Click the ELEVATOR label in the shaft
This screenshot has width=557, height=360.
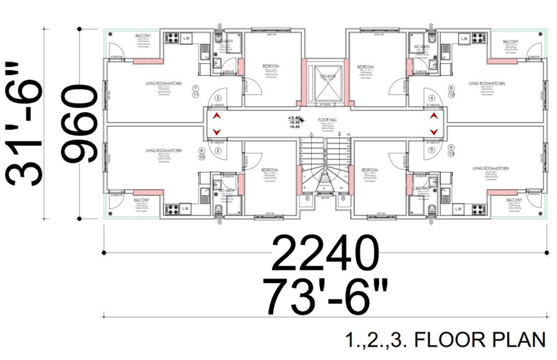[x=328, y=77]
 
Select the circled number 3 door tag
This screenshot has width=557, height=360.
[x=218, y=98]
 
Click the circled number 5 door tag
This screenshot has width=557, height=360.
[x=431, y=150]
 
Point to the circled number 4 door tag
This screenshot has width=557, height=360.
[x=431, y=98]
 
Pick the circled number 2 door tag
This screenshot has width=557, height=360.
[x=218, y=151]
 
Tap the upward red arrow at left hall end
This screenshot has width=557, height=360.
[x=216, y=116]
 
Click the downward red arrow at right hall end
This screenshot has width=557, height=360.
[x=433, y=132]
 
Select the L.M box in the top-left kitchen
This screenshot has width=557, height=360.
[x=186, y=38]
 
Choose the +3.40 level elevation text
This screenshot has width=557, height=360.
[x=295, y=118]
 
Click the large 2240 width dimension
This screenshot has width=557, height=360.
[x=325, y=254]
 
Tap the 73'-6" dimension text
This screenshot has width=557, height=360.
[x=325, y=296]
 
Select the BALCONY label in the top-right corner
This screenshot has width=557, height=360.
[x=511, y=42]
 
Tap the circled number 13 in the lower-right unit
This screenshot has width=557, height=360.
[x=451, y=154]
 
